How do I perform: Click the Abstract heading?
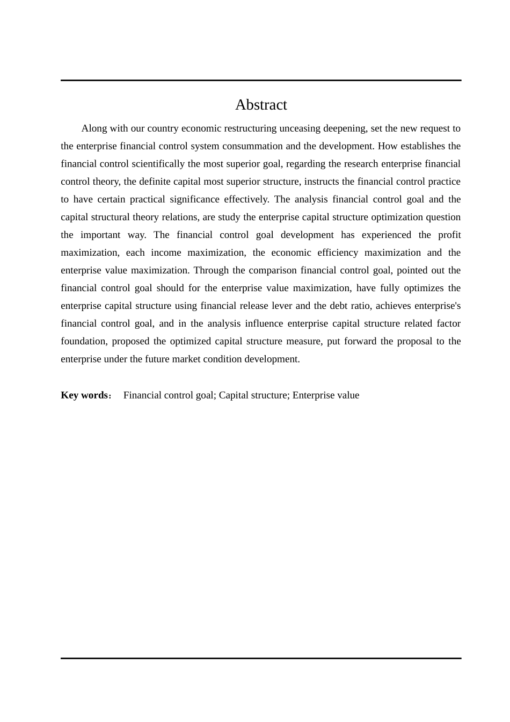[261, 105]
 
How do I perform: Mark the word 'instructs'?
[321, 182]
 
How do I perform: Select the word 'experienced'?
[386, 235]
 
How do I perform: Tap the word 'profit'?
[449, 235]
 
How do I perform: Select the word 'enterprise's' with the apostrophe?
[437, 306]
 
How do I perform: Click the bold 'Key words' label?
[85, 395]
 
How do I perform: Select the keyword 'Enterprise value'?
[326, 395]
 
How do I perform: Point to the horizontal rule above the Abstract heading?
[261, 81]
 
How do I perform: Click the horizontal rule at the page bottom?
[261, 658]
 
